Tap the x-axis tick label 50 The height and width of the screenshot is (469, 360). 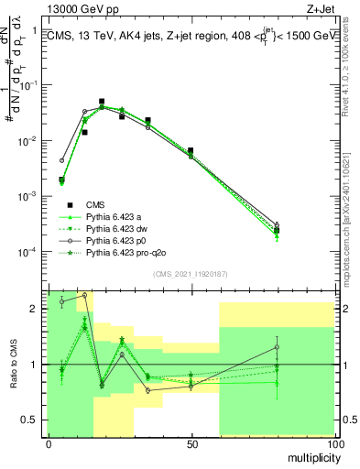tap(191, 444)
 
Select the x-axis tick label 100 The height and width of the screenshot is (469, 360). tap(334, 444)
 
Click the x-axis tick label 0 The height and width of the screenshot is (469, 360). tap(49, 444)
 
